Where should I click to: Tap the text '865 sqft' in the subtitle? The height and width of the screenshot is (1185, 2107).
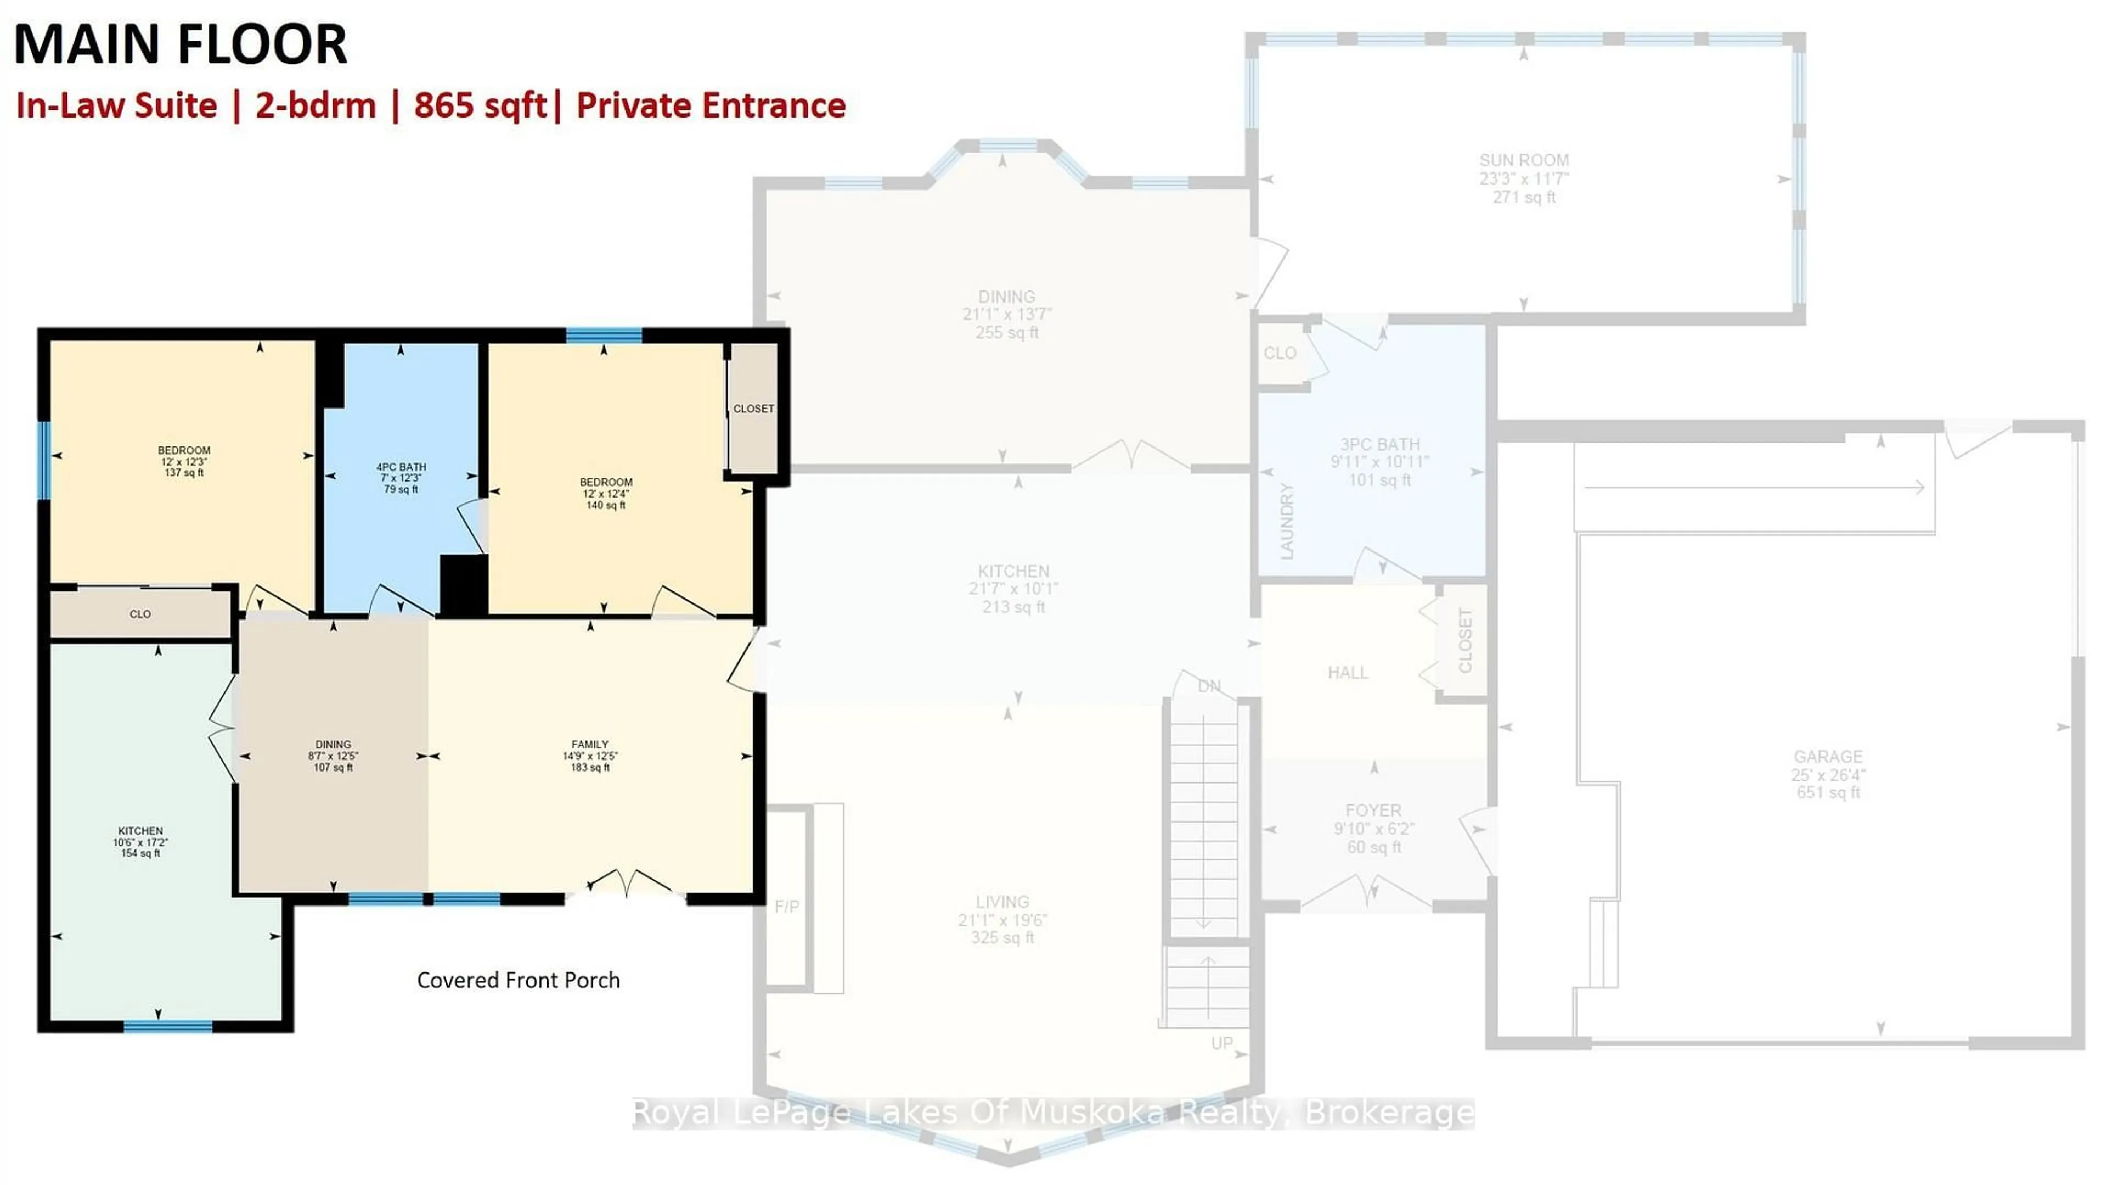pos(480,105)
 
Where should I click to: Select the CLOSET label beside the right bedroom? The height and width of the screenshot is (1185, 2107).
pos(752,409)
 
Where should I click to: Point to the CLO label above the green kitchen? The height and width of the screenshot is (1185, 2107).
pos(140,614)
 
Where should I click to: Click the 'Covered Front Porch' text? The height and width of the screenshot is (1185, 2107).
pos(518,980)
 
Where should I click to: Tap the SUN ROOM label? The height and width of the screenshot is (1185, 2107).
pos(1523,160)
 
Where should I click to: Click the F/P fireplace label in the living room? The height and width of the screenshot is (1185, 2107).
pos(787,907)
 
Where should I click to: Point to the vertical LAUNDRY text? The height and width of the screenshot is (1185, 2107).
pos(1287,521)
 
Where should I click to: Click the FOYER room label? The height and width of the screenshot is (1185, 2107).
pos(1373,810)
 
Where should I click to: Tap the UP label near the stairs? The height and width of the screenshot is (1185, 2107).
pos(1222,1043)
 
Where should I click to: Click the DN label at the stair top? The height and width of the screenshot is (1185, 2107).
pos(1209,686)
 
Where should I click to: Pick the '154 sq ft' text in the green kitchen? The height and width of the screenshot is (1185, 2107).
pos(140,853)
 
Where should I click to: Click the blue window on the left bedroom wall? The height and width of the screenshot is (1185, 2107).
pos(43,460)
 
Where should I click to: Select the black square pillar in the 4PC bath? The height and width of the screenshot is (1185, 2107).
pos(464,584)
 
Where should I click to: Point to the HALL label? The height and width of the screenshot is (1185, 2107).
pos(1347,673)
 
